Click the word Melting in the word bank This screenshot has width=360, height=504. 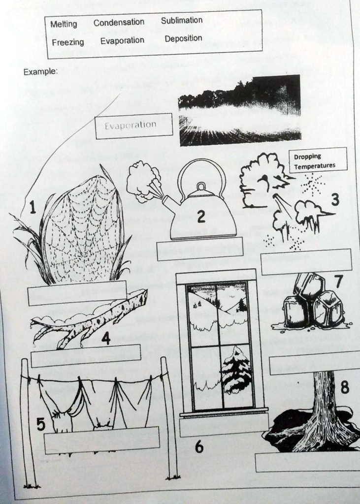64,24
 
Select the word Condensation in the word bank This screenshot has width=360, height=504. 119,23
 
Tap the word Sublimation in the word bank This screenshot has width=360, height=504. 182,21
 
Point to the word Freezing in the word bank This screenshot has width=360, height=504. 68,42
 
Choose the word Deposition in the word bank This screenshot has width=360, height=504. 183,38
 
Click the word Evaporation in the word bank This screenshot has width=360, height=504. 122,41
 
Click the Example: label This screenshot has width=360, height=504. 40,71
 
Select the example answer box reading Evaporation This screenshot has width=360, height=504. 134,126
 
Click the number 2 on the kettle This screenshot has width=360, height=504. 201,217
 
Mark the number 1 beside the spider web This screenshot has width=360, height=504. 32,207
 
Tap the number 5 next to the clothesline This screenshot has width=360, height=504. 41,424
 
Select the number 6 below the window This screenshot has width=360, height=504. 199,446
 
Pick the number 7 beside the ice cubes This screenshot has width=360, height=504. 339,282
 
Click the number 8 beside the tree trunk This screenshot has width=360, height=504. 345,387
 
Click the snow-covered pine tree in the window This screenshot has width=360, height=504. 236,370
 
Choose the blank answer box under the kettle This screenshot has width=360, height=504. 200,249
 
